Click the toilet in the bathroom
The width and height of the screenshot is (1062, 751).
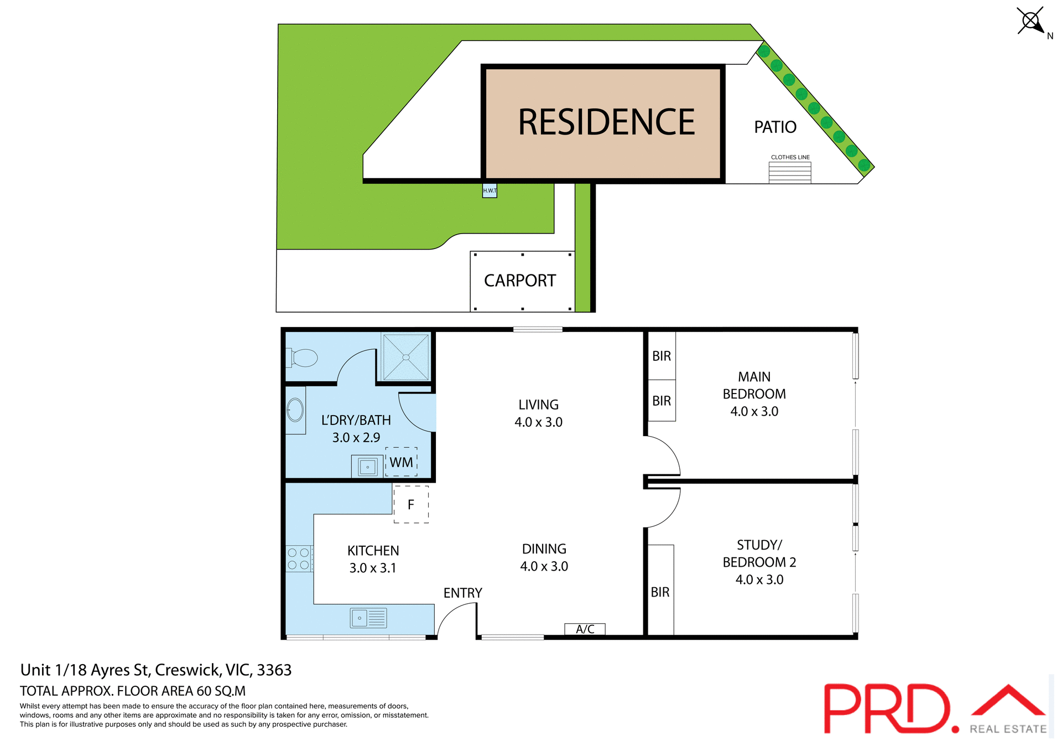point(302,358)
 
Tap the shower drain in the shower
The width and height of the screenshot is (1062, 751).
point(406,357)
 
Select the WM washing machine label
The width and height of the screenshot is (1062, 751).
point(401,462)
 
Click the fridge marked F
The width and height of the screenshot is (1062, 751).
point(411,504)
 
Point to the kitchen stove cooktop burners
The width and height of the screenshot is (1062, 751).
point(299,558)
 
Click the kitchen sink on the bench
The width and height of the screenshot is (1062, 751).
point(368,618)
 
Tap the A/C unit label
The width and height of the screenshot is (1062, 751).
point(585,629)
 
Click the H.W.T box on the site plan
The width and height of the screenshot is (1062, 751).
point(490,190)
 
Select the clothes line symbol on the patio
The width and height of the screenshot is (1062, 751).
point(790,172)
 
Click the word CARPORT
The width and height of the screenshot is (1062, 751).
point(520,281)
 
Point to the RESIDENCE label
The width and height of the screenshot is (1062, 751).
point(606,122)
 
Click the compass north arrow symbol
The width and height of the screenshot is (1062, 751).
point(1031,22)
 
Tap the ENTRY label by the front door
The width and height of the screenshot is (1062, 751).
point(462,593)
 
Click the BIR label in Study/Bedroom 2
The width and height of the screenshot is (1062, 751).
point(660,592)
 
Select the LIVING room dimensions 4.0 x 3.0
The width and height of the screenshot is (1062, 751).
point(538,422)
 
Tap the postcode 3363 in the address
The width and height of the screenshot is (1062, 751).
point(274,670)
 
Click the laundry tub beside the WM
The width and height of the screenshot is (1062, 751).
point(367,467)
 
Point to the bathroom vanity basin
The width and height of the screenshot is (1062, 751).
point(295,410)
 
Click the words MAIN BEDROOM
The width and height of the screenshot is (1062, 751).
point(754,385)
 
